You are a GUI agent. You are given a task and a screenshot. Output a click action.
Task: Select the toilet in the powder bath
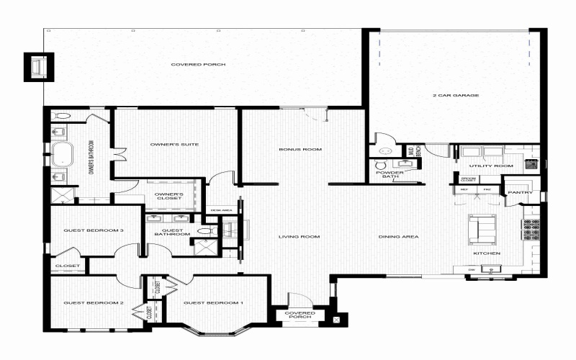click(x=387, y=152)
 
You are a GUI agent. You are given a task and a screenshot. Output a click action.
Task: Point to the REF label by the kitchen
click(x=464, y=189)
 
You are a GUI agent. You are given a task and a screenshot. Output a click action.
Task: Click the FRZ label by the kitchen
click(x=487, y=189)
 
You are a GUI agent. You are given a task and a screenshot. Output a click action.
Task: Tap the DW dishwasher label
click(x=471, y=269)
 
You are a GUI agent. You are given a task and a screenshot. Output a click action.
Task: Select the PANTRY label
click(x=519, y=193)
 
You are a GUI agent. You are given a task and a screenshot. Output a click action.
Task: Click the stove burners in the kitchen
click(x=533, y=228)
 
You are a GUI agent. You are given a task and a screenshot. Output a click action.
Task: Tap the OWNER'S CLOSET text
click(x=170, y=196)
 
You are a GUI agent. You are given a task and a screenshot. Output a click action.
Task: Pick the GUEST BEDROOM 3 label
click(x=94, y=230)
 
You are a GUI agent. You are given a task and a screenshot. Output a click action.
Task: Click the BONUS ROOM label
click(x=300, y=150)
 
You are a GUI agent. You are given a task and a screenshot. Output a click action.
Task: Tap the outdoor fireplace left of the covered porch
click(x=37, y=68)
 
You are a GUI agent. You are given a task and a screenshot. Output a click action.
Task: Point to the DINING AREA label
click(x=399, y=237)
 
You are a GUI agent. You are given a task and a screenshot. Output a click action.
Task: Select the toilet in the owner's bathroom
click(x=60, y=115)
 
